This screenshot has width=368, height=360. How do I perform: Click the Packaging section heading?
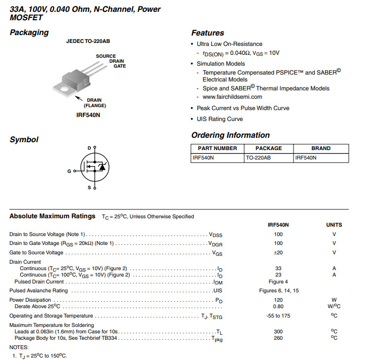point(29,33)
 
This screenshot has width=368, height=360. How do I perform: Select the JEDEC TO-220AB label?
point(88,41)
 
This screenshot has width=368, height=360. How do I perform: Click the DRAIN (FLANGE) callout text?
point(94,103)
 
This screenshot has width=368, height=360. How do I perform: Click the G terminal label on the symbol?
point(69,171)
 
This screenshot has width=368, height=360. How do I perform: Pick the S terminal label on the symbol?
point(89,188)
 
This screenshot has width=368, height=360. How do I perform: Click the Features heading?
point(207,33)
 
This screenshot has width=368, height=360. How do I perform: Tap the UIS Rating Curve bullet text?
point(220,119)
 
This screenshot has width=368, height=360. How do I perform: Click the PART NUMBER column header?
point(217,148)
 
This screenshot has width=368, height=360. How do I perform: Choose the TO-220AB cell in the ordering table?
point(258,158)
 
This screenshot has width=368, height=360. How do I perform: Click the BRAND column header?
point(321,148)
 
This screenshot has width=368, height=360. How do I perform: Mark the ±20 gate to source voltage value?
point(278,252)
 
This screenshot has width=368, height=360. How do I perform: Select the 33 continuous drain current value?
point(278,268)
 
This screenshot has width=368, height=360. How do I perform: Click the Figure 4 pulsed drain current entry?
point(278,281)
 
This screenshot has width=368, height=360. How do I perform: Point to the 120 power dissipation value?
point(278,300)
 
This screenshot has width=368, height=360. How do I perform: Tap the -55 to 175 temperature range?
point(278,316)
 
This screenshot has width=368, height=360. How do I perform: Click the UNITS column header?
point(334,225)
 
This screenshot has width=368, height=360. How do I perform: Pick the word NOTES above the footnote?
point(19,347)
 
